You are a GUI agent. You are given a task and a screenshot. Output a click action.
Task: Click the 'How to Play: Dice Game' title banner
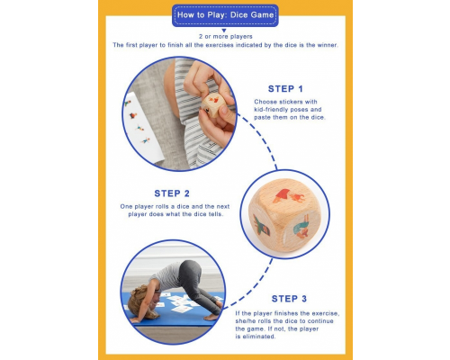click(224, 14)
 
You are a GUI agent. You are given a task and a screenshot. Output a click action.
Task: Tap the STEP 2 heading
click(172, 193)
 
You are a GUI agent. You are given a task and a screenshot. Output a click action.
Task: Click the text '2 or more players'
click(224, 35)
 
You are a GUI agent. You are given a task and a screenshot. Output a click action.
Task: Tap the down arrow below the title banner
click(224, 28)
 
